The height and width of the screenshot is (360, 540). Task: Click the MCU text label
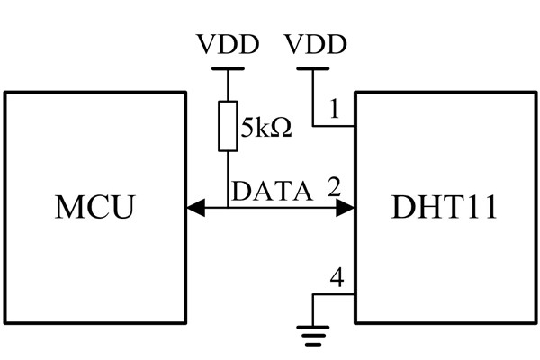point(94,207)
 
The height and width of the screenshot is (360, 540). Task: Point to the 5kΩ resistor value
point(265,128)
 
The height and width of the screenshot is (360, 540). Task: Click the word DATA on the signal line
point(273,191)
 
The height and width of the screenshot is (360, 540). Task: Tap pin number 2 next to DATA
point(334,188)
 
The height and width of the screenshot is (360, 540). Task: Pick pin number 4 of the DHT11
point(336,277)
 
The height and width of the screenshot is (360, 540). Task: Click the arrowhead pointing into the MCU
point(193,209)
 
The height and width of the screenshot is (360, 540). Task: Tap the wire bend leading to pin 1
point(312,126)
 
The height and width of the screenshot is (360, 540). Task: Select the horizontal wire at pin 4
point(334,295)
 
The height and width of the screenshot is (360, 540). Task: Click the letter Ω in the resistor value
point(282,128)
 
